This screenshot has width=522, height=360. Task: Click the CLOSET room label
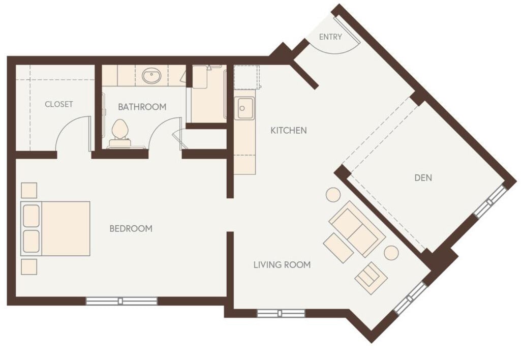(59, 104)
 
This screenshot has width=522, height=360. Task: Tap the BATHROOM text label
(142, 107)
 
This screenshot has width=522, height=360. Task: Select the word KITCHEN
(288, 131)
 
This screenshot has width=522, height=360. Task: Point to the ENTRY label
(330, 37)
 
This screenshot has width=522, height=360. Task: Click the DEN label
(423, 177)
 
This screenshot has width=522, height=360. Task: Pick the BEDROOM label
(131, 229)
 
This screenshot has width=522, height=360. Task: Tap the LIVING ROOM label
(282, 265)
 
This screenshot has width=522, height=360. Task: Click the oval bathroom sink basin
(151, 77)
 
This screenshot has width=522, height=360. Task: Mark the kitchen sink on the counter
(244, 108)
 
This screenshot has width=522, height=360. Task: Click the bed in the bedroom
(56, 228)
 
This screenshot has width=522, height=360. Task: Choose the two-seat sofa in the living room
(357, 228)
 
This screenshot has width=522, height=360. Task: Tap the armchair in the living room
(371, 278)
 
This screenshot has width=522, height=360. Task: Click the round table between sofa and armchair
(391, 253)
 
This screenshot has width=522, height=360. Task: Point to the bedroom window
(121, 301)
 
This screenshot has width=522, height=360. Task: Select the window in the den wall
(490, 201)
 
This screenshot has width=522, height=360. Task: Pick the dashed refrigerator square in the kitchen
(247, 77)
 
